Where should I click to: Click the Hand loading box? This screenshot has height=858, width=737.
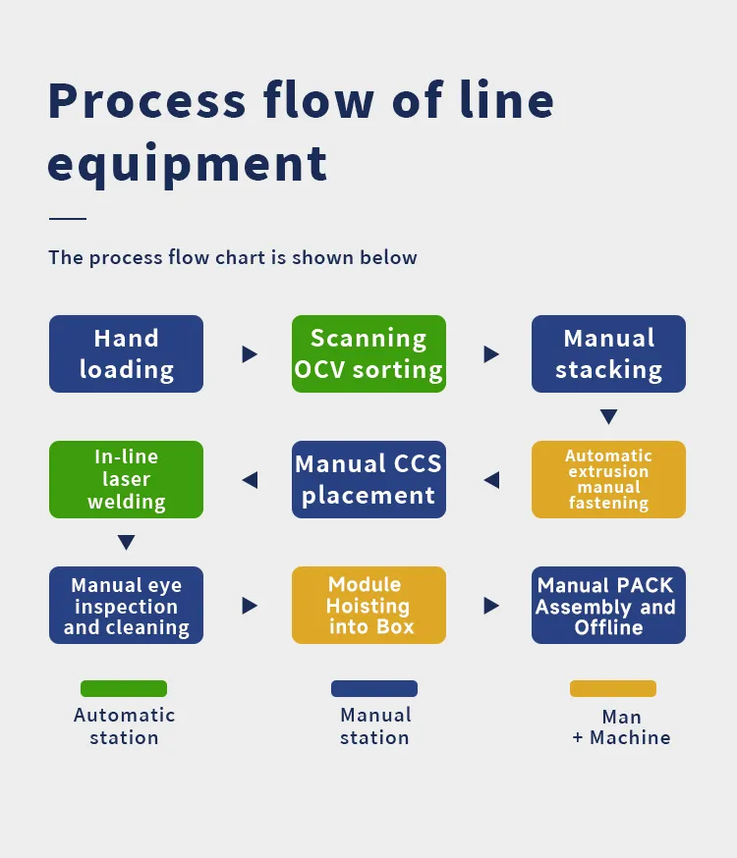(126, 353)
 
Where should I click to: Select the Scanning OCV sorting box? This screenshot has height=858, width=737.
(368, 353)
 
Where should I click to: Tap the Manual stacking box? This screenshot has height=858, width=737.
(608, 353)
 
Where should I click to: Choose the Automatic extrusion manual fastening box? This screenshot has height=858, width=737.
(608, 479)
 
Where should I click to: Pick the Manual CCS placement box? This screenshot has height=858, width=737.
(368, 479)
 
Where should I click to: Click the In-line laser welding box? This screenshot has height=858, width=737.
(126, 479)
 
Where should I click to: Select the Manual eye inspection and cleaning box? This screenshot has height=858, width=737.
(126, 605)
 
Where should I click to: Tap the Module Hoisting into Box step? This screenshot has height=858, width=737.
(368, 605)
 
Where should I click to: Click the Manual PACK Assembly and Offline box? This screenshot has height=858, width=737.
(608, 605)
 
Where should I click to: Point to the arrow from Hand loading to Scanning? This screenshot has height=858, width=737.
(250, 354)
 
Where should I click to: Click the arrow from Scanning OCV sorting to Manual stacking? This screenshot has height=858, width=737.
(491, 354)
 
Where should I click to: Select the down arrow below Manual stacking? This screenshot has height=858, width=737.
(608, 417)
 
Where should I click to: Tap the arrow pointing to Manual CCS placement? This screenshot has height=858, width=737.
(491, 480)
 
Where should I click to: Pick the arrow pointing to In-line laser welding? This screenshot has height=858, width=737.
(250, 480)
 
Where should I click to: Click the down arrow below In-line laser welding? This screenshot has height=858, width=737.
(126, 543)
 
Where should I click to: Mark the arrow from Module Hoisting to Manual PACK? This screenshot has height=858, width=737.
(491, 606)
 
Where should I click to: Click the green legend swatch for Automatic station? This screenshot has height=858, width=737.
(124, 688)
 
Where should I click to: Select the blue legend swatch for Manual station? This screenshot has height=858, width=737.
(374, 688)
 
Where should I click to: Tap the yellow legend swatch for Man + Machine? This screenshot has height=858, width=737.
(613, 688)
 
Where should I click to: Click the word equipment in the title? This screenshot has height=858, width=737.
(187, 163)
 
